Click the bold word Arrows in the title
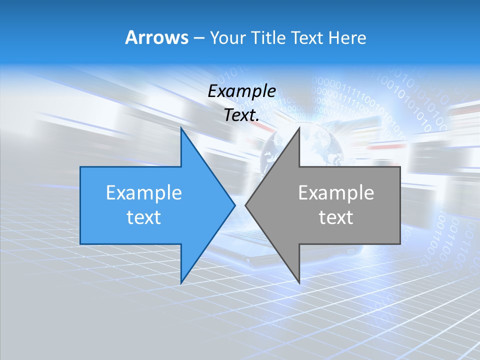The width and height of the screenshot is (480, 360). point(156,37)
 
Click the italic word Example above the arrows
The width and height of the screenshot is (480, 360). point(242,91)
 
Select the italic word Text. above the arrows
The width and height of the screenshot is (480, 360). point(242,115)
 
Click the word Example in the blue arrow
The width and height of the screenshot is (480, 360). point(144,193)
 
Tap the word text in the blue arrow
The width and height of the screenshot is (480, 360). point(144,217)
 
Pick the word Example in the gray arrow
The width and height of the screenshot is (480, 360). point(336,193)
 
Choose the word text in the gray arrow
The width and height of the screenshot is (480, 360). point(336,217)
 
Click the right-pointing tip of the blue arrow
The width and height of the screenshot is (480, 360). point(235,205)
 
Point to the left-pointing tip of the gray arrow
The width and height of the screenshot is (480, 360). point(245,205)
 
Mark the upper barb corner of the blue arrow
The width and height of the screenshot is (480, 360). point(181,128)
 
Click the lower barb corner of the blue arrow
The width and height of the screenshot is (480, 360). point(181,283)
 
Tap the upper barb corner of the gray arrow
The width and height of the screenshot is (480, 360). point(299,128)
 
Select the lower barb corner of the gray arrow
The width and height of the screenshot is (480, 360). point(299,283)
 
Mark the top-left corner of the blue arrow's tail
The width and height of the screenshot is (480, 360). point(80,167)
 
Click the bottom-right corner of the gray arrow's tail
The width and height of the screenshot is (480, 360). point(400,244)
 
